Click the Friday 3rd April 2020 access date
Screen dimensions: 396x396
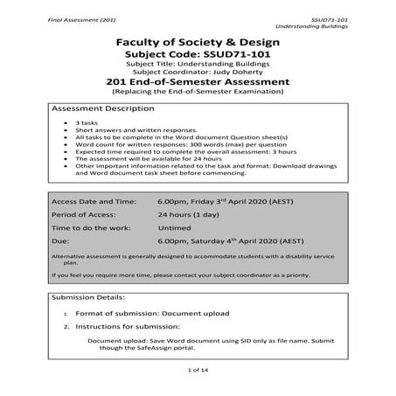[x=223, y=200]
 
